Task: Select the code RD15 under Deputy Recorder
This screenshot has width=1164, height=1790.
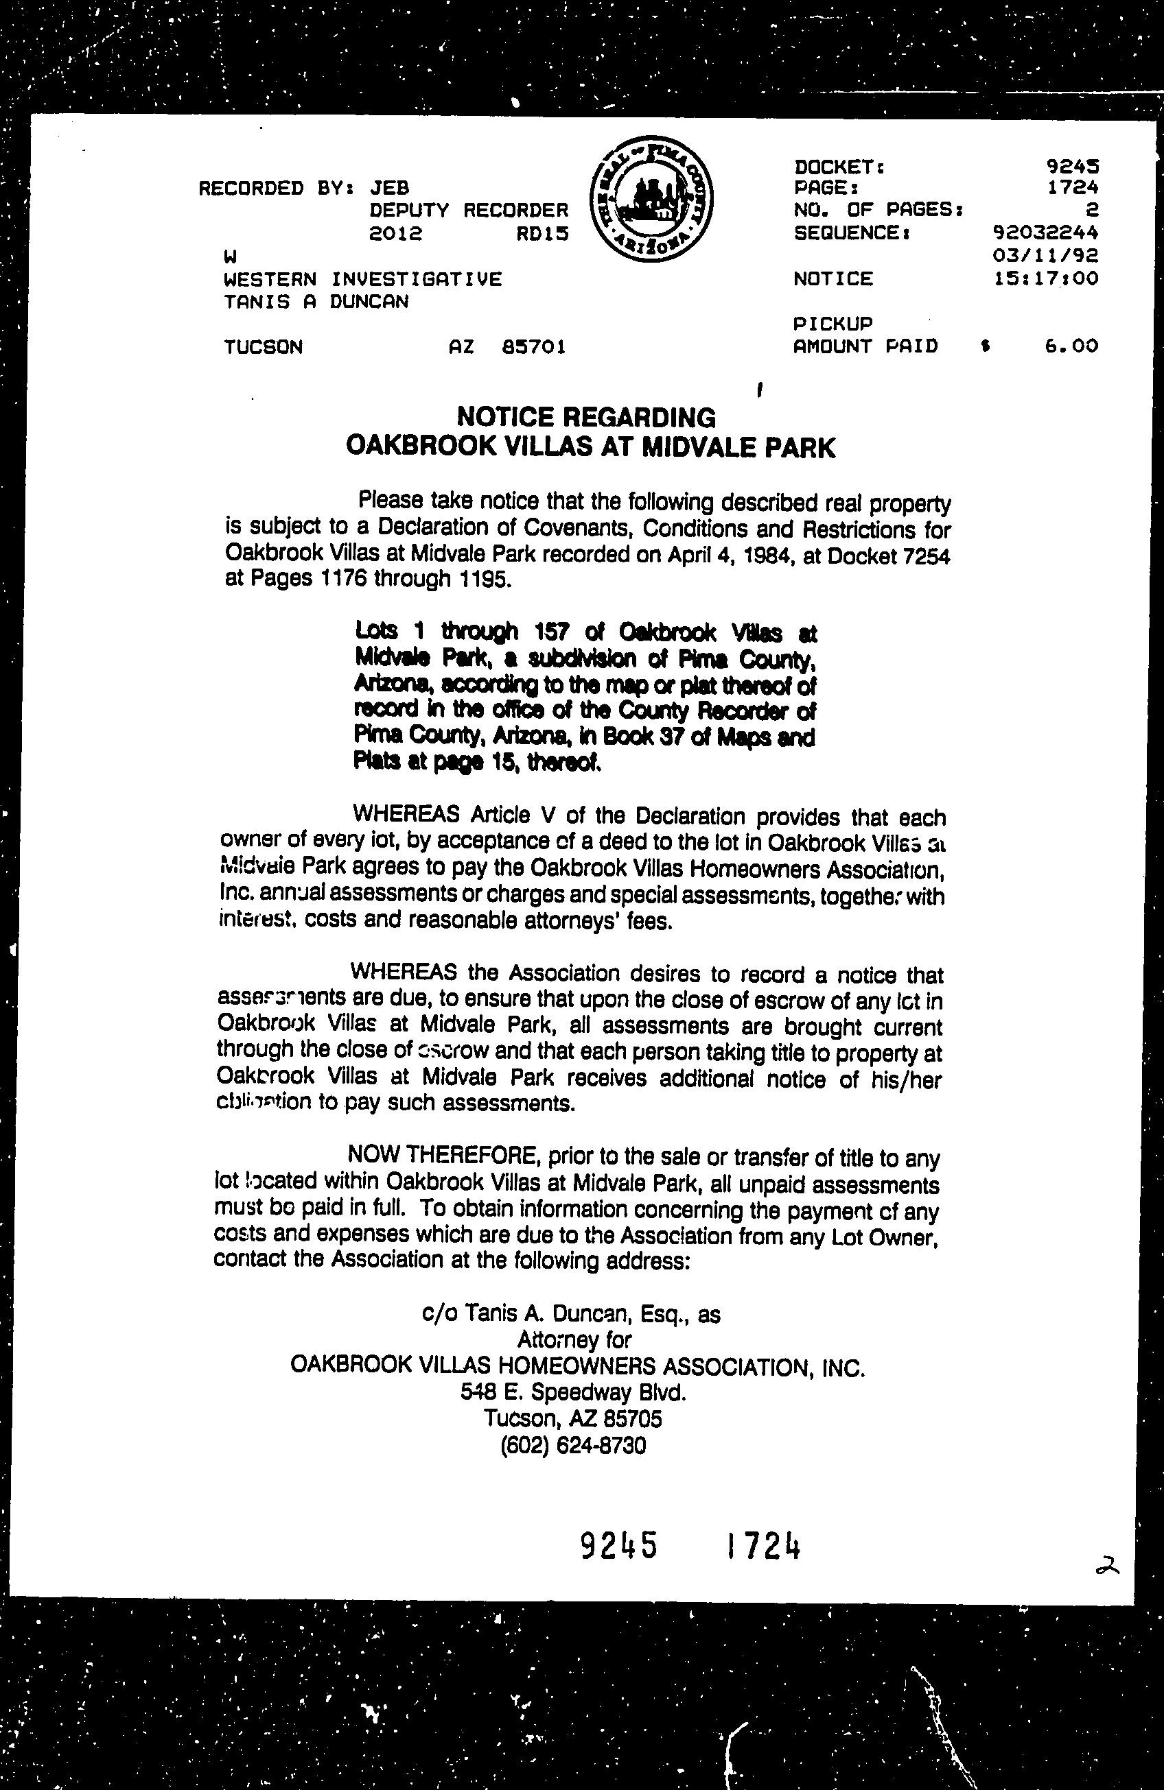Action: (x=542, y=234)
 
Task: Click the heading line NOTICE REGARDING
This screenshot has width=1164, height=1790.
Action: (x=587, y=417)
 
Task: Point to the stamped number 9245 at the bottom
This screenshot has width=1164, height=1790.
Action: (x=619, y=1547)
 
